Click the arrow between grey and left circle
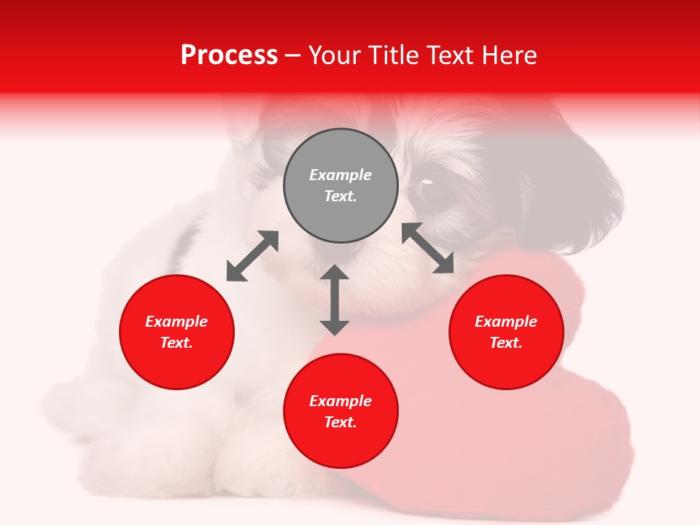click(x=252, y=256)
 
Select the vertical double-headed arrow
click(x=335, y=300)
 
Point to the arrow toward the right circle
click(x=428, y=248)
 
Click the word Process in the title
click(x=229, y=55)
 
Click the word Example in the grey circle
click(x=341, y=175)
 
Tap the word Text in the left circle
click(x=176, y=343)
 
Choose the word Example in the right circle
click(x=506, y=322)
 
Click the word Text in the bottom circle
click(x=341, y=422)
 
